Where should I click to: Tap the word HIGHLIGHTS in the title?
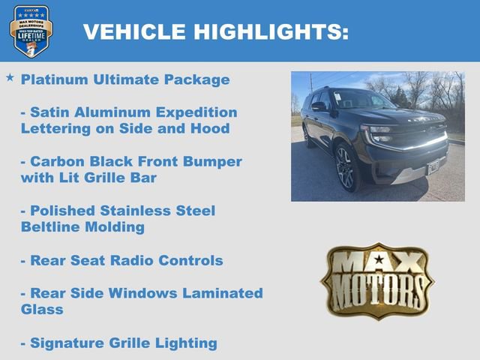coord(268,31)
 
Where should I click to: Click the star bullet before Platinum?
coord(10,78)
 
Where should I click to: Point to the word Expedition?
coord(201,112)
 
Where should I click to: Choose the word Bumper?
coord(214,162)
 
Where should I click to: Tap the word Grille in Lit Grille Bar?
coord(105,178)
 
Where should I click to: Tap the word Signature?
coord(65,343)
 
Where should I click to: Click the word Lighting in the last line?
coord(187,343)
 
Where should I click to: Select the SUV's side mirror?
coord(319,106)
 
